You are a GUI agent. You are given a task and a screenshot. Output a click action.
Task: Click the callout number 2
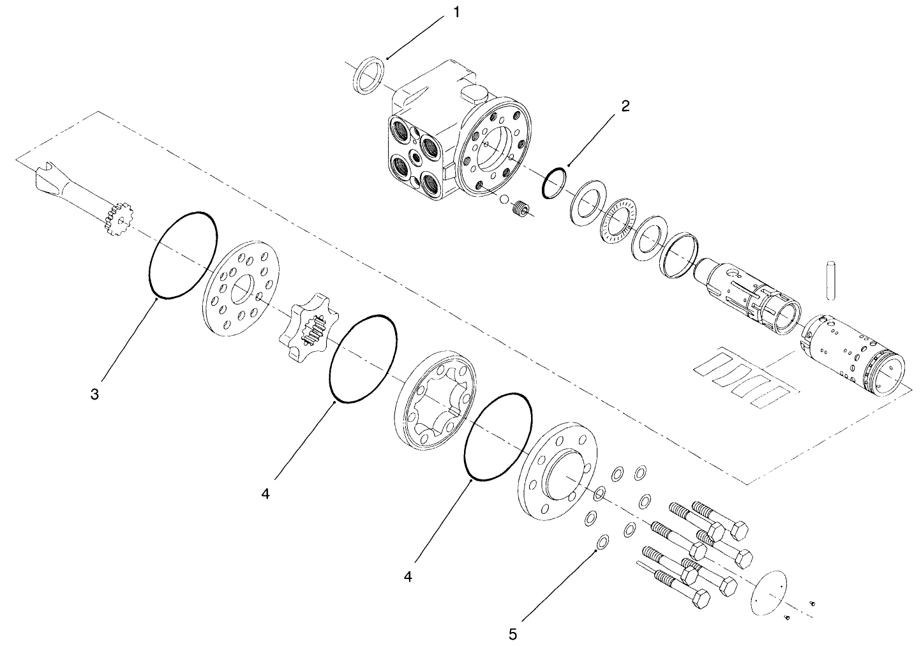point(625,106)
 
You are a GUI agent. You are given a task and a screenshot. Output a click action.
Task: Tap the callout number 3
point(94,394)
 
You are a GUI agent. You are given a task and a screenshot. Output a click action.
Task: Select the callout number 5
point(513,634)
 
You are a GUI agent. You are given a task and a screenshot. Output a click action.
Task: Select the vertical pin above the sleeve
point(830,280)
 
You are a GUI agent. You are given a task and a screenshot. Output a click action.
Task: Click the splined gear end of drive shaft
point(119,218)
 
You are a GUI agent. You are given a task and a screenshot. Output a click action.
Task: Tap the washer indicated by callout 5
point(601,543)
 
